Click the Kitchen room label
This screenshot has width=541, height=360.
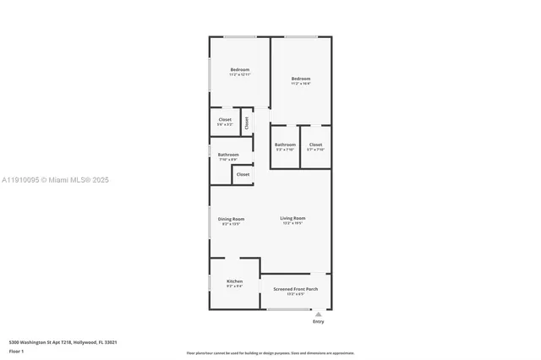[234, 281]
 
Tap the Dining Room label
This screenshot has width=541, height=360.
[232, 219]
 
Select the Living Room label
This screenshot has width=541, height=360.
[292, 218]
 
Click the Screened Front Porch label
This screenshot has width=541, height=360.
[295, 289]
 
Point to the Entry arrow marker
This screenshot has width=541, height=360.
[318, 314]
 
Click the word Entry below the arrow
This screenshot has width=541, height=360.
[318, 321]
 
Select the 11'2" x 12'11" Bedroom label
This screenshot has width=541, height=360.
[240, 70]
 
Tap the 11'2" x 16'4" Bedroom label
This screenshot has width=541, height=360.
[300, 79]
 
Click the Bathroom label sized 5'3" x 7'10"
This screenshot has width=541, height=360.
[285, 145]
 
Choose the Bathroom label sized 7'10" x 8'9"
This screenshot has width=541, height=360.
[228, 155]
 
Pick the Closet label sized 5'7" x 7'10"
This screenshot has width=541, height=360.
[315, 145]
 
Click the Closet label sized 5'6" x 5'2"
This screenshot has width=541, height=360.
[225, 120]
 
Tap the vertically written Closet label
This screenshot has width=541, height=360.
[247, 122]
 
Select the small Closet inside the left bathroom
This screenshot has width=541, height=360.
[243, 174]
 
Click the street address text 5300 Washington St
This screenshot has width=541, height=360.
[63, 342]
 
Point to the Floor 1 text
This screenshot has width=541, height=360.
[16, 351]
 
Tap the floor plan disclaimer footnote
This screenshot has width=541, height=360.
[270, 353]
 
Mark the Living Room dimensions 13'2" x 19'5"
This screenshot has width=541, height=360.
[292, 224]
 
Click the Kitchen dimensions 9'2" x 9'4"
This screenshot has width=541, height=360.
[234, 286]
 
